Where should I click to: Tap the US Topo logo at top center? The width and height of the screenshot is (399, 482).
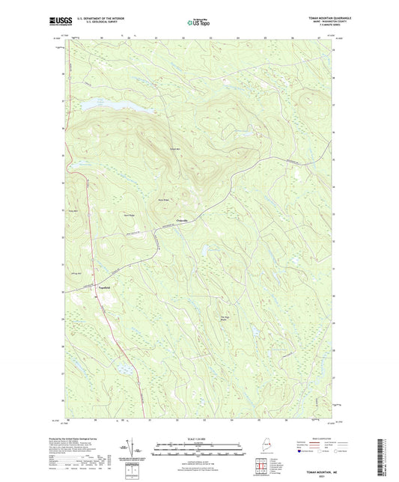[x=199, y=22]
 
